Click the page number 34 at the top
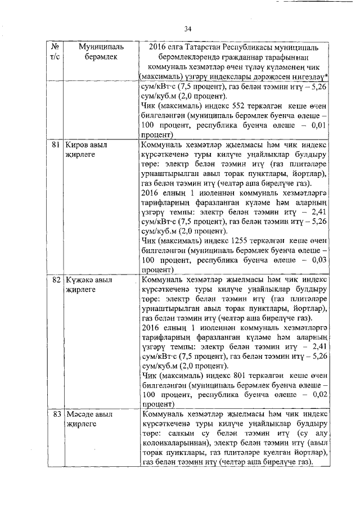pyautogui.click(x=188, y=29)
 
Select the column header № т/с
pyautogui.click(x=55, y=51)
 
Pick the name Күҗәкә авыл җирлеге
pyautogui.click(x=89, y=284)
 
